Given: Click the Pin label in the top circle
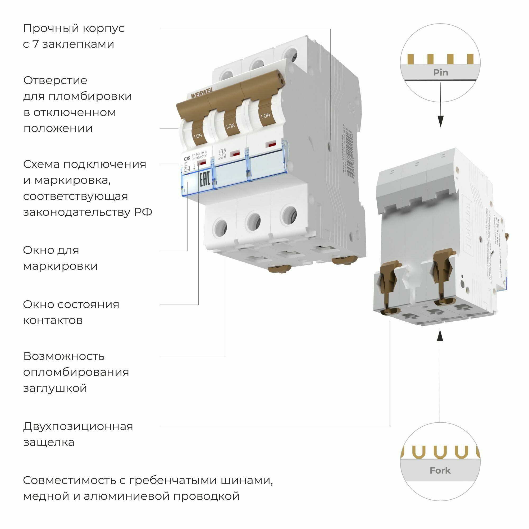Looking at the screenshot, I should tap(440, 72).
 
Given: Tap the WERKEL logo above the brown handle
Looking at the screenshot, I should tap(202, 94).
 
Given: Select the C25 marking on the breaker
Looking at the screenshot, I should tap(187, 158).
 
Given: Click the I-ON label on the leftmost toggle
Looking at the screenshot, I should tap(198, 135).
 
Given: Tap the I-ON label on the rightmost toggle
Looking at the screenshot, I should tap(265, 116).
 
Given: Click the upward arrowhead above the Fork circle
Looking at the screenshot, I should tap(440, 336).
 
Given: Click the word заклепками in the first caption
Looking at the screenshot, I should tap(78, 44).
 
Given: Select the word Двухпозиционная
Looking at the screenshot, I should tap(78, 426).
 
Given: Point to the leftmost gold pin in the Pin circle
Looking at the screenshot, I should tap(410, 59).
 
